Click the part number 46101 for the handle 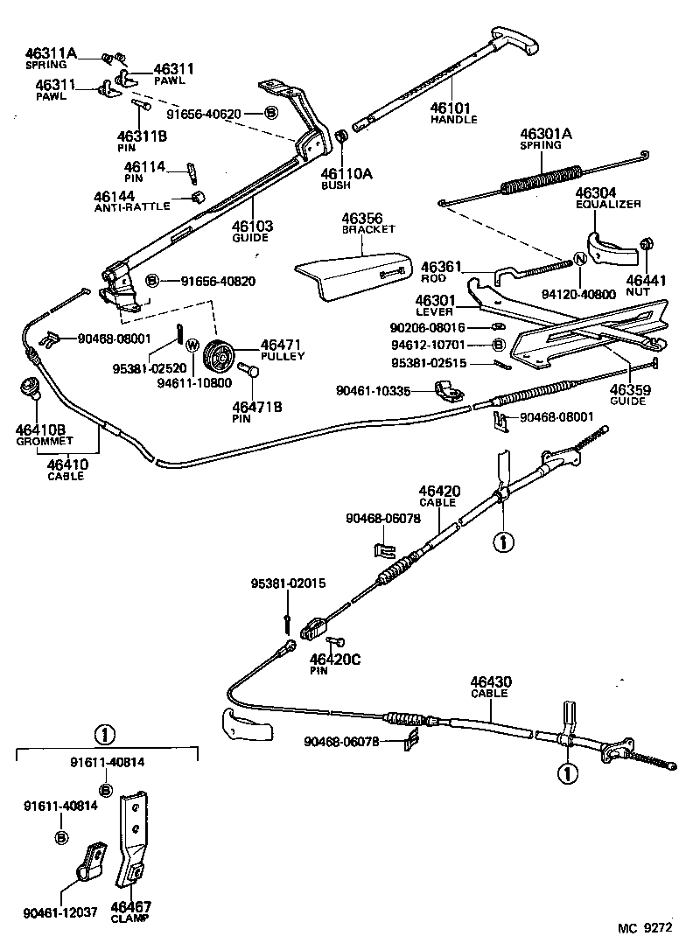(x=450, y=108)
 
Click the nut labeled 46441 (x=647, y=244)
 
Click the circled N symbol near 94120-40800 (x=580, y=259)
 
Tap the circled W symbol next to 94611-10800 (x=192, y=346)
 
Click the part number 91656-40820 (x=218, y=281)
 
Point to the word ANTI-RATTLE (x=132, y=206)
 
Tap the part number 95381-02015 (x=289, y=583)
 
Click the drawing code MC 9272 (x=645, y=927)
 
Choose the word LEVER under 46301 (x=434, y=311)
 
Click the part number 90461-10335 (x=373, y=391)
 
